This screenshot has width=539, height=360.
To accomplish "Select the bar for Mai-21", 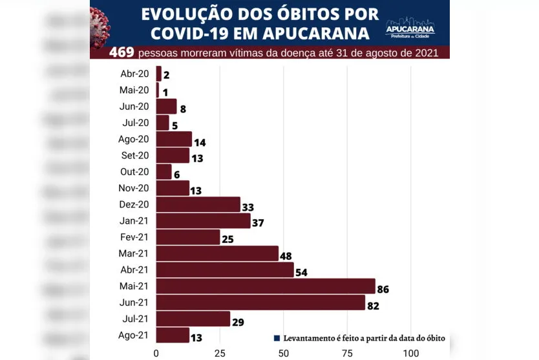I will tap(266, 286).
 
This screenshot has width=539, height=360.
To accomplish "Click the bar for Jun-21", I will tap(260, 302).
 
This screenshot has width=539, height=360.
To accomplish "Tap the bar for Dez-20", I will tap(198, 204).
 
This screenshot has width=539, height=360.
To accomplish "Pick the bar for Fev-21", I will tap(188, 237).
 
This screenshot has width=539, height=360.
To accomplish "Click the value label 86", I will tap(383, 289).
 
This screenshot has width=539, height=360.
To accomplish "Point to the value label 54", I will tap(301, 272).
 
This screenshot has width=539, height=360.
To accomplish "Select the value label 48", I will tap(286, 256).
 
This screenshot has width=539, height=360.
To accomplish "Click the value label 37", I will tap(258, 224).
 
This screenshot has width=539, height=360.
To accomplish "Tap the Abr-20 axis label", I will tap(134, 74).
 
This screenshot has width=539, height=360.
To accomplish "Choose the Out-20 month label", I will tap(134, 171).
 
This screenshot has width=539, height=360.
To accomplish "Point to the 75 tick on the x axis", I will tap(347, 353).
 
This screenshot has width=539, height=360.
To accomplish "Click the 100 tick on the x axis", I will tap(410, 353).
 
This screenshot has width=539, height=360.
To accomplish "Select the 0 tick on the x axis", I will tap(156, 353).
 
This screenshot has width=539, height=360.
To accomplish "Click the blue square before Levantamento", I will tap(277, 337).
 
